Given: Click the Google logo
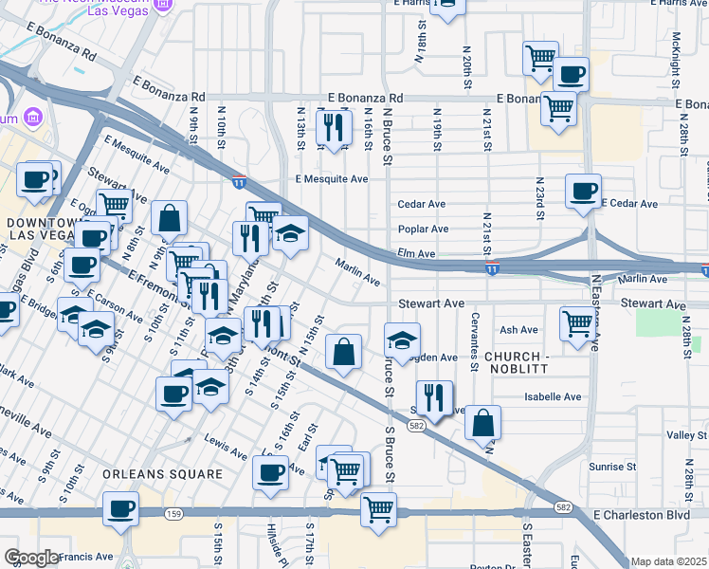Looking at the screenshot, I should pyautogui.click(x=31, y=558).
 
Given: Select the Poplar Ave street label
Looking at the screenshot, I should pyautogui.click(x=423, y=229).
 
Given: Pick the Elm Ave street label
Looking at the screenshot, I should pyautogui.click(x=416, y=254).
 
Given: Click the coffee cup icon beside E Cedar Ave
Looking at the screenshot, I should pyautogui.click(x=582, y=190).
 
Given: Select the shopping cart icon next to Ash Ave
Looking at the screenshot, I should pyautogui.click(x=576, y=323).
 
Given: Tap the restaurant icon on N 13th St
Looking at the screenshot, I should pyautogui.click(x=333, y=126).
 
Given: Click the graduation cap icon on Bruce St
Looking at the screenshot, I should pyautogui.click(x=402, y=340).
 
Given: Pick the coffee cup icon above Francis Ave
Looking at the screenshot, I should pyautogui.click(x=121, y=507).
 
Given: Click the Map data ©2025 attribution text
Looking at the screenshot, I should pyautogui.click(x=668, y=561).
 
